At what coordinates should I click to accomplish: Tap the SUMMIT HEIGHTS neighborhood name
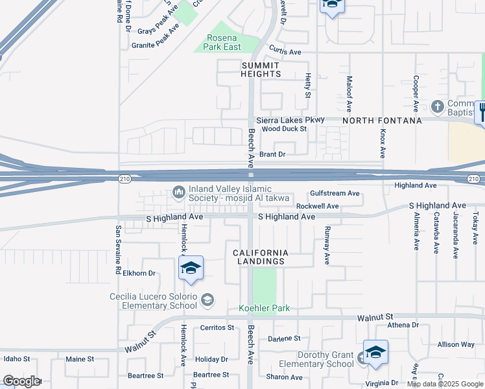pos(261,69)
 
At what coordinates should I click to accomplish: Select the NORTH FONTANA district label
pos(382,121)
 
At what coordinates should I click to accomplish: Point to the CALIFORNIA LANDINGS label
pos(259,256)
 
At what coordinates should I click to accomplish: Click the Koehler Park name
pos(265,308)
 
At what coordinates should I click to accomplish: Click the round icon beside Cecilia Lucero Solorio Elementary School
pos(207,300)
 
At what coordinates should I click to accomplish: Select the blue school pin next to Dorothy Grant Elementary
pos(375,353)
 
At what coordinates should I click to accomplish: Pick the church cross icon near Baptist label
pos(438,106)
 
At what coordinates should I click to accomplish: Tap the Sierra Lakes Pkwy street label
pos(289,120)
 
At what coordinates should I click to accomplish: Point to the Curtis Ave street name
pos(286,52)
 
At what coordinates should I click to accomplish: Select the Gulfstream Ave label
pos(335,193)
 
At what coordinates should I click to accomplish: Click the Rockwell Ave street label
pos(318,206)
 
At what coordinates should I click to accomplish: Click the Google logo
pos(21,381)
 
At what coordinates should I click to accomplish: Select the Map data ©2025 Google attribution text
pos(445,384)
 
